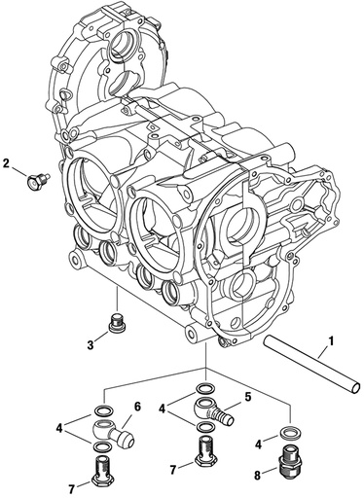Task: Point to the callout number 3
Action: [91, 343]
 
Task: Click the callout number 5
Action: [247, 396]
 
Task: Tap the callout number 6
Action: [137, 407]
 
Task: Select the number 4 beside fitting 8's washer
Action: [260, 444]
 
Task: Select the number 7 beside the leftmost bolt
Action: [70, 485]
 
